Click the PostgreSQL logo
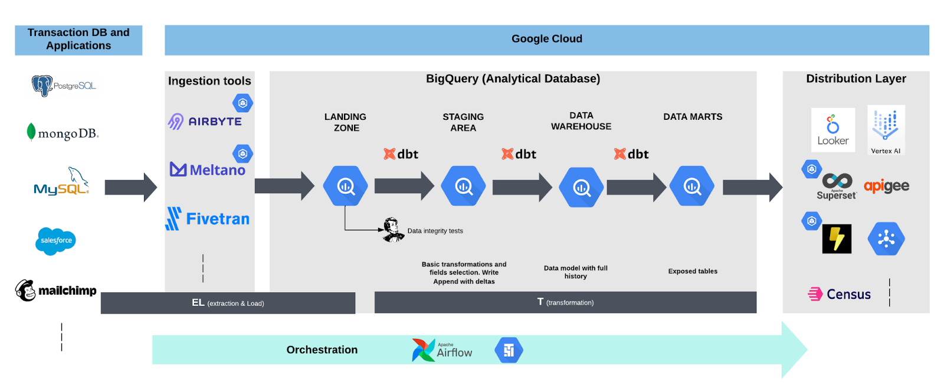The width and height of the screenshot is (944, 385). click(63, 86)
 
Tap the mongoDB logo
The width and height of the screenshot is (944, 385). click(63, 133)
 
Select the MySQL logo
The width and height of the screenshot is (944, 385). click(61, 182)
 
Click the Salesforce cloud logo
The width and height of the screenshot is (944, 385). click(56, 241)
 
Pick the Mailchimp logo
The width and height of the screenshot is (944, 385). click(55, 291)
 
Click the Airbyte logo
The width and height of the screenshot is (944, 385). click(205, 121)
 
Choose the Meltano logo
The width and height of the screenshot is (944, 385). click(208, 169)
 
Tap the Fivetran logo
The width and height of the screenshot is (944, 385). click(208, 219)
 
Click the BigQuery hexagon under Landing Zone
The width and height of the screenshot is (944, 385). click(346, 186)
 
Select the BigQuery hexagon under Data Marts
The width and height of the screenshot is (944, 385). click(692, 186)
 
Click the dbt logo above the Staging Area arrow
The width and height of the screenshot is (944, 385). click(401, 154)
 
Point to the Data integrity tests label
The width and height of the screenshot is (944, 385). click(435, 231)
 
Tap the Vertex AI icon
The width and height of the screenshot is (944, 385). click(886, 130)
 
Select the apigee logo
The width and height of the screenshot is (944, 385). click(886, 186)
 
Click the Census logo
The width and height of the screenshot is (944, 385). click(840, 294)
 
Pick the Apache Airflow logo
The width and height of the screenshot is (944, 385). click(442, 350)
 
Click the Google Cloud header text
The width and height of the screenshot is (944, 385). click(546, 39)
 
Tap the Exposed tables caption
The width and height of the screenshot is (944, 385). click(693, 272)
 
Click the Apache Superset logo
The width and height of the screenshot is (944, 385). click(837, 187)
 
